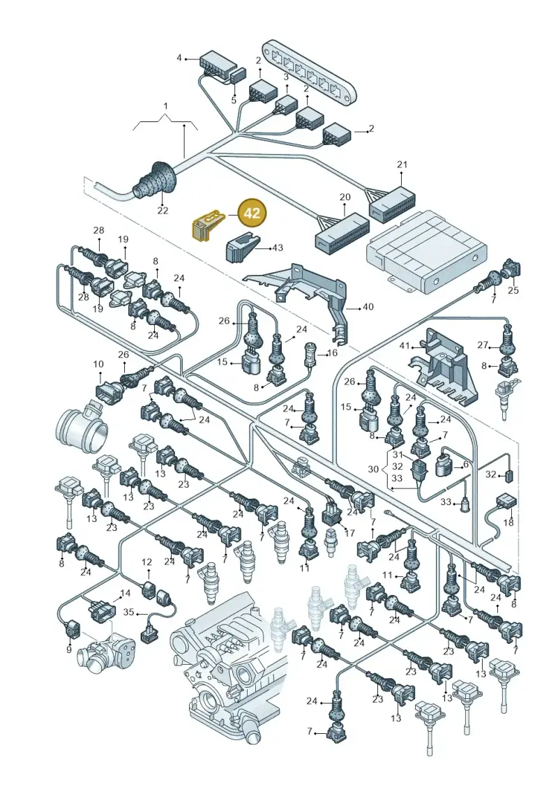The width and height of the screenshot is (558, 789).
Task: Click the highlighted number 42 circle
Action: tap(252, 213)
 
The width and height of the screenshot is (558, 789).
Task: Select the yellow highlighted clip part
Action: tap(206, 225)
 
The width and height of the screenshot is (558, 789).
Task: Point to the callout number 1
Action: tap(165, 107)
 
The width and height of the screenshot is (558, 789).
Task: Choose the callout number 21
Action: tap(402, 165)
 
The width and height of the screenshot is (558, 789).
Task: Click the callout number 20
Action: tap(345, 197)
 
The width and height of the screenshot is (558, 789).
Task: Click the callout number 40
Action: tap(368, 306)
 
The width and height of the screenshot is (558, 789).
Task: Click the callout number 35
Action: tap(129, 613)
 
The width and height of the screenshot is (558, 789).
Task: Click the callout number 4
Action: tap(179, 58)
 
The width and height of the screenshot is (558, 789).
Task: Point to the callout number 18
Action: tap(508, 523)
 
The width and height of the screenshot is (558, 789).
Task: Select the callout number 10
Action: tap(98, 364)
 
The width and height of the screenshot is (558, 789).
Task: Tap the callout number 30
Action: tap(373, 469)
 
